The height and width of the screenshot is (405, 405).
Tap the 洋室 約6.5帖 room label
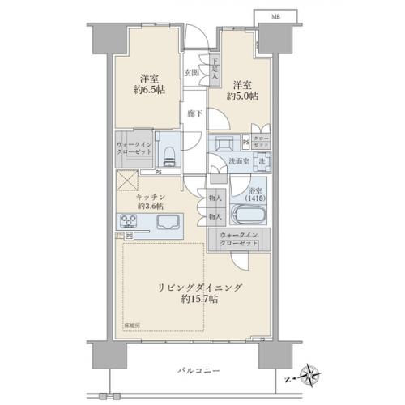147,83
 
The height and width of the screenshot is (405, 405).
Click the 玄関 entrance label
191,73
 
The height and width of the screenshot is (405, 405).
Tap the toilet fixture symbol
168,154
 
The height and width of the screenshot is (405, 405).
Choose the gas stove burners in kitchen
131,221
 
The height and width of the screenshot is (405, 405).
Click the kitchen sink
171,221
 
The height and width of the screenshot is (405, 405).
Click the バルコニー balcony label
195,370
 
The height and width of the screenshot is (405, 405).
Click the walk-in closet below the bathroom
239,240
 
